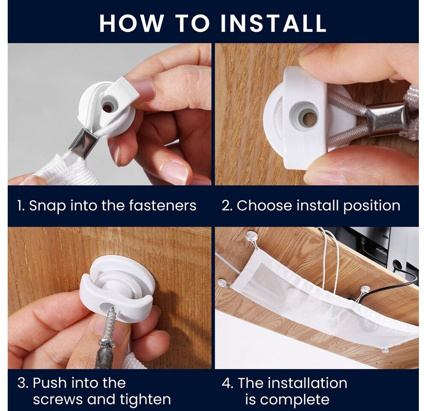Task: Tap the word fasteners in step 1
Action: point(162,205)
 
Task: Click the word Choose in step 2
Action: point(264,205)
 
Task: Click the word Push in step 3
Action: point(50,383)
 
